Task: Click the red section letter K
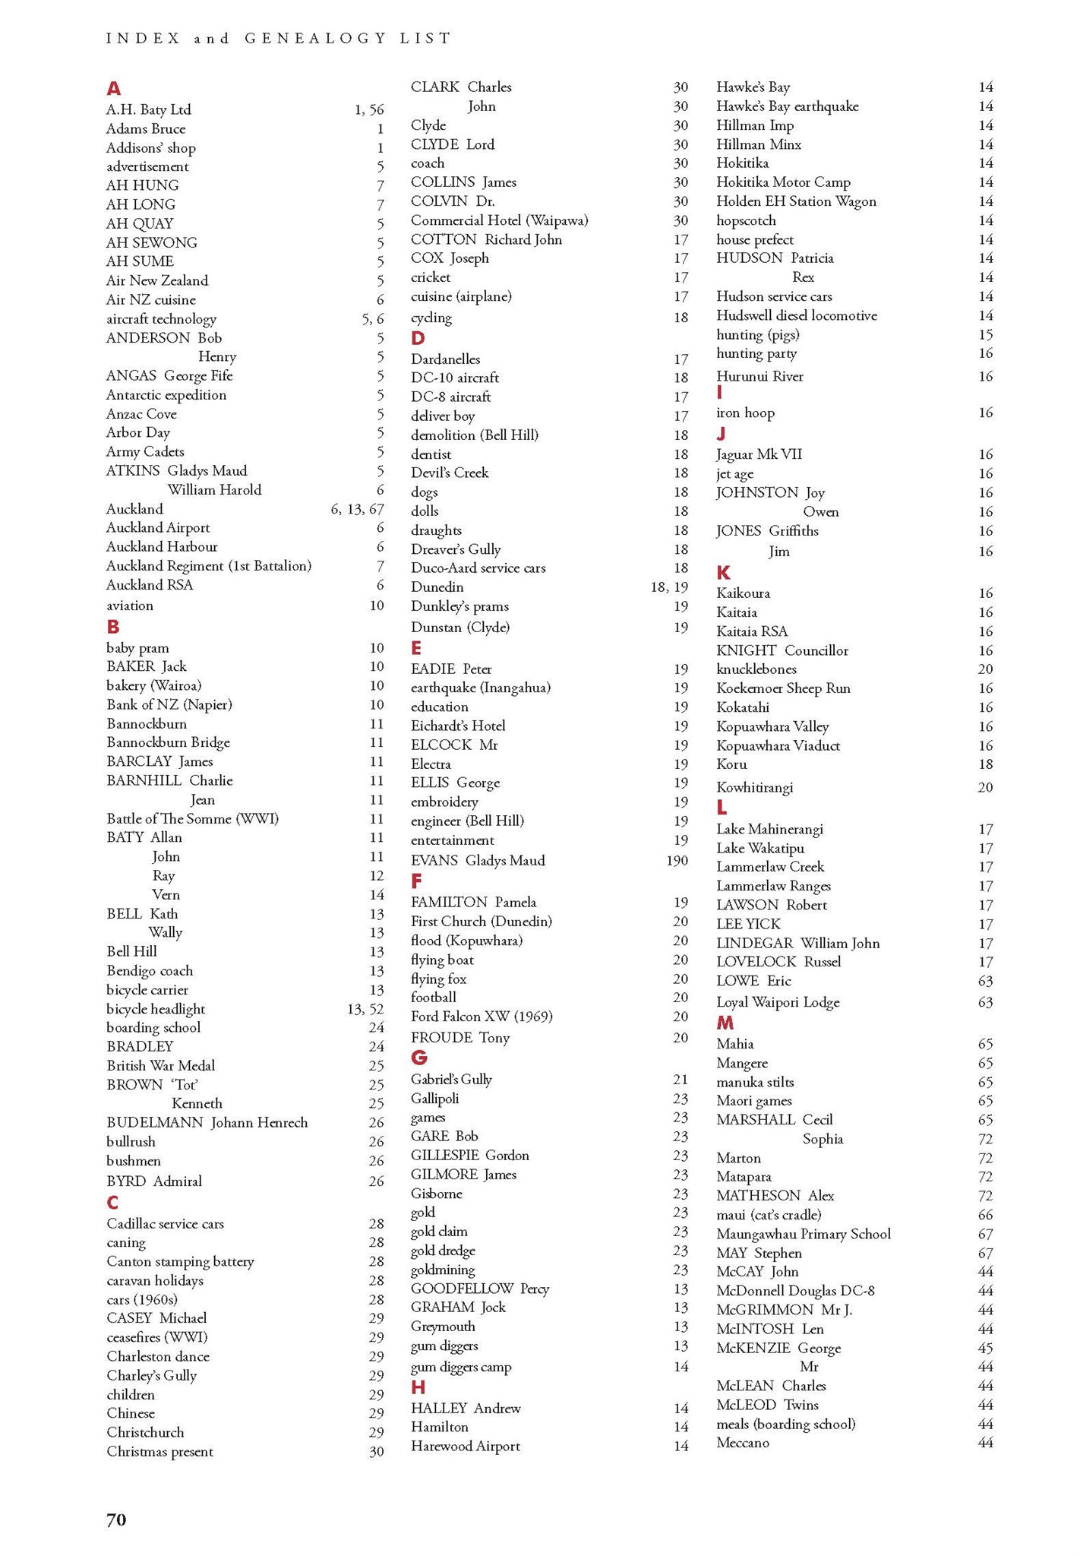click(x=723, y=573)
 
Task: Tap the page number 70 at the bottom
click(x=116, y=1519)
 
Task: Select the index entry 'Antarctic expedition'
click(x=166, y=395)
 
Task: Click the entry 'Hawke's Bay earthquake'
click(x=787, y=106)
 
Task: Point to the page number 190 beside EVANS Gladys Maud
click(x=677, y=861)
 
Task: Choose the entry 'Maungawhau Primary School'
click(x=803, y=1234)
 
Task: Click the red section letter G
click(x=418, y=1058)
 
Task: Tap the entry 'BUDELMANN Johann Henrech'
click(x=207, y=1122)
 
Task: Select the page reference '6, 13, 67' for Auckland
click(x=357, y=509)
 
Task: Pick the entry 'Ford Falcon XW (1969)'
click(x=482, y=1017)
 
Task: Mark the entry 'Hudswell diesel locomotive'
click(x=796, y=315)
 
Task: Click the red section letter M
click(x=725, y=1023)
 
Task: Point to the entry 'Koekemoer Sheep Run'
click(x=783, y=688)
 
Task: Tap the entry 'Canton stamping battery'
click(x=180, y=1261)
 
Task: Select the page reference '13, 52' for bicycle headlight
click(x=365, y=1009)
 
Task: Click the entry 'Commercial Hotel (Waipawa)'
click(x=499, y=220)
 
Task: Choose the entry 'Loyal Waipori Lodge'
click(x=777, y=1002)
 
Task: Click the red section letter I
click(x=718, y=392)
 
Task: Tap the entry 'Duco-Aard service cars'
click(x=478, y=568)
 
